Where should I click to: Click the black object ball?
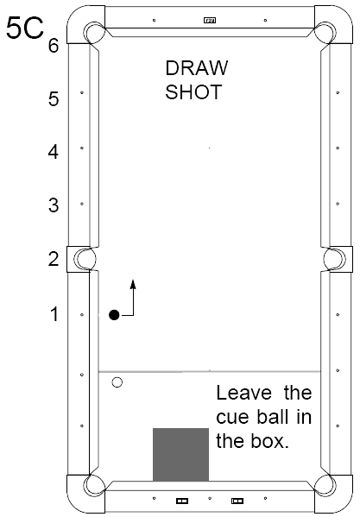click(x=114, y=315)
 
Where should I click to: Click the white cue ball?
click(x=117, y=382)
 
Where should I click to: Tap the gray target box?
click(x=180, y=454)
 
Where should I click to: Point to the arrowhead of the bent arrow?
click(x=133, y=284)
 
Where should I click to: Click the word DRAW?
click(x=197, y=68)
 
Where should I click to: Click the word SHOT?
click(x=193, y=92)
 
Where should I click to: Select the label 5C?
click(x=25, y=28)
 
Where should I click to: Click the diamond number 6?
click(x=54, y=45)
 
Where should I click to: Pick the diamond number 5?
click(x=54, y=98)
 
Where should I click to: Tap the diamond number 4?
click(x=54, y=152)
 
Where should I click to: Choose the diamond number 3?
click(x=54, y=205)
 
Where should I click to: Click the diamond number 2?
click(x=54, y=259)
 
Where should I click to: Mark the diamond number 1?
click(x=54, y=314)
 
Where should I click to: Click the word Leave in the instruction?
click(x=244, y=393)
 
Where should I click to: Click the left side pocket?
click(x=85, y=259)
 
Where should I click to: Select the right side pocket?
click(x=334, y=259)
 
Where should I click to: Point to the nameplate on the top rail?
click(x=210, y=21)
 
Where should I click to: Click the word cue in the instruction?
click(x=233, y=418)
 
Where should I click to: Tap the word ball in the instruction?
click(x=272, y=417)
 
